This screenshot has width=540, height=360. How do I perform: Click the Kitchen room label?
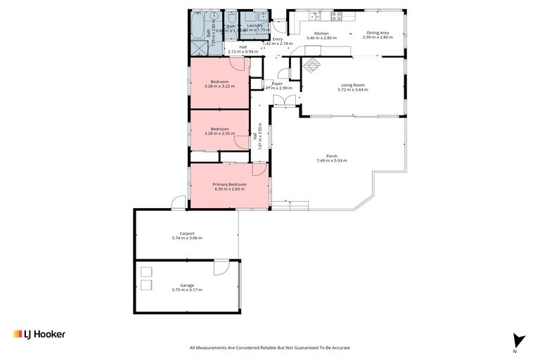click(x=321, y=33)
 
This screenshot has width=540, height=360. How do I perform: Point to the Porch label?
click(x=331, y=156)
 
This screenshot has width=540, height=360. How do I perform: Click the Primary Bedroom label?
click(x=229, y=184)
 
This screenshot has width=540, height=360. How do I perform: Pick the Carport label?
click(x=186, y=233)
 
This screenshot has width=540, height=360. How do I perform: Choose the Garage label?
click(x=186, y=285)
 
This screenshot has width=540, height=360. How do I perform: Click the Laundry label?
click(x=255, y=25)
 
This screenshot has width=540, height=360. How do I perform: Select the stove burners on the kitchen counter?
click(x=336, y=15)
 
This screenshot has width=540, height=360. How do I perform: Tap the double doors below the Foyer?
click(x=284, y=102)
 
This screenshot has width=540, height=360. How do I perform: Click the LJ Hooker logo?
click(x=39, y=334)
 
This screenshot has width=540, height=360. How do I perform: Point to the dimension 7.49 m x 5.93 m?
click(x=331, y=161)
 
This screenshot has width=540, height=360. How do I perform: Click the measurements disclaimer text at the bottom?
click(x=269, y=347)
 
